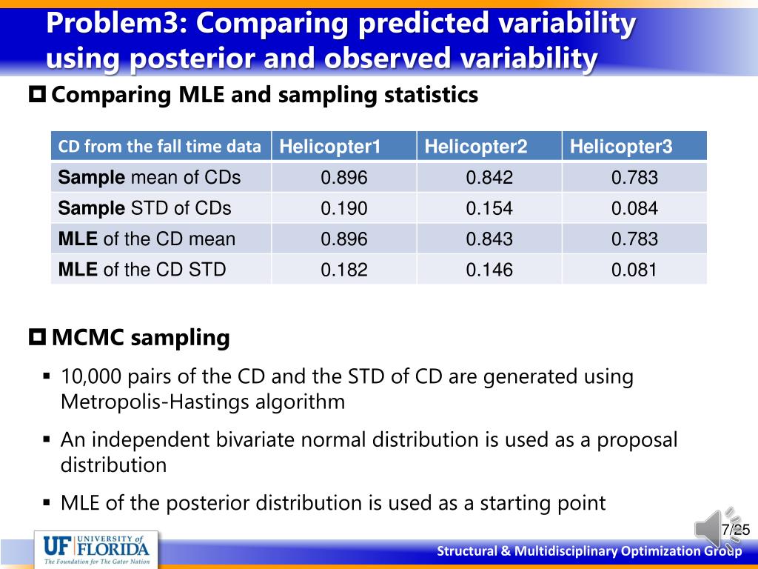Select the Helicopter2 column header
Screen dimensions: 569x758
[475, 147]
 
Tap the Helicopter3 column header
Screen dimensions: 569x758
[621, 147]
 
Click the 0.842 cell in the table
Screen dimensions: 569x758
[489, 178]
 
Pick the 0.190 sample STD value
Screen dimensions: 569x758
[343, 208]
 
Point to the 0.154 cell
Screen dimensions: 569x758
[489, 208]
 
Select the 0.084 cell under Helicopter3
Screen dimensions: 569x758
[634, 208]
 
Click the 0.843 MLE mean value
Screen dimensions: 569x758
[489, 239]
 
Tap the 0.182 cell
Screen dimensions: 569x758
[343, 269]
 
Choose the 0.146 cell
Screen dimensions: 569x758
[489, 269]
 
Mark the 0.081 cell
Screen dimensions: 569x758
[634, 269]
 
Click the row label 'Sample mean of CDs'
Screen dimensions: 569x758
[150, 178]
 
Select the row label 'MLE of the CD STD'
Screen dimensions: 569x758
[142, 269]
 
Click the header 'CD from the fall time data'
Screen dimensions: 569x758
[160, 147]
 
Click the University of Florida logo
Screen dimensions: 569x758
[97, 550]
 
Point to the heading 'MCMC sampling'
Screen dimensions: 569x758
[141, 338]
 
